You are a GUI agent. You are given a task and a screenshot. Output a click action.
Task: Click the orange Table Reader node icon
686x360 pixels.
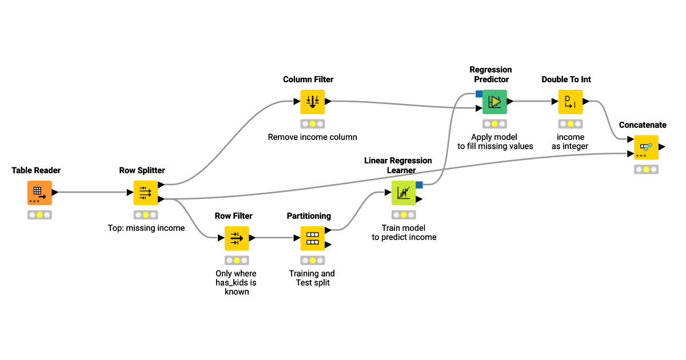[x=39, y=193]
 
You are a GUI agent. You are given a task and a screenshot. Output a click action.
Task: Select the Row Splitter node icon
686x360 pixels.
[x=145, y=193]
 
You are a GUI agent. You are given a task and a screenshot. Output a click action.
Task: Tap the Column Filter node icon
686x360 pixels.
[x=312, y=102]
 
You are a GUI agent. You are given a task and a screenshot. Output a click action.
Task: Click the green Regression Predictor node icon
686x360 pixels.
[x=494, y=102]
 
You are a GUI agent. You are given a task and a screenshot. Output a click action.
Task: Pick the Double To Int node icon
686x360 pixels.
[x=570, y=102]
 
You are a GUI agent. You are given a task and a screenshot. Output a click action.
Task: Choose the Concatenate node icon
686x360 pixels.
[x=646, y=147]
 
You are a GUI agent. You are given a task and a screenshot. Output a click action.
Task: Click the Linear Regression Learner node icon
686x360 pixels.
[x=403, y=193]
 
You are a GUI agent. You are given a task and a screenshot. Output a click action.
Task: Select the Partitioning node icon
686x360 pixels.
[x=312, y=238]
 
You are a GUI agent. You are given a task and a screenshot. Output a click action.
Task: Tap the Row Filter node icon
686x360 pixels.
[x=237, y=238]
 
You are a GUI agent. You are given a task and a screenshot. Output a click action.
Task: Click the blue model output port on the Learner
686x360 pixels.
[x=419, y=185]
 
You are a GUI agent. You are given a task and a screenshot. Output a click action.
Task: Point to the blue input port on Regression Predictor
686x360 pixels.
[x=479, y=94]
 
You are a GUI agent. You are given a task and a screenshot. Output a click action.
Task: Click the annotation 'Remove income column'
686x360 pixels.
[x=312, y=137]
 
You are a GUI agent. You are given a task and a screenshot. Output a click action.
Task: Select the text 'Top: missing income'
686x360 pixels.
[x=146, y=228]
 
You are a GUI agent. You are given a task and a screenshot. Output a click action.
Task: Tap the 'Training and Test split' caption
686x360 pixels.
[x=312, y=278]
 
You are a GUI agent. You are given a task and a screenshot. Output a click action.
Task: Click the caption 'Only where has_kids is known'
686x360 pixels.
[x=236, y=282]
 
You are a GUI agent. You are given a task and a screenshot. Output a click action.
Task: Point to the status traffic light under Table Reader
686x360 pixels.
[x=39, y=215]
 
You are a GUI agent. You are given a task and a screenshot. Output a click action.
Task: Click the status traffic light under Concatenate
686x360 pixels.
[x=646, y=169]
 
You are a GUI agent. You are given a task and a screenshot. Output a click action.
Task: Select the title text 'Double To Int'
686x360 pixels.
[x=566, y=79]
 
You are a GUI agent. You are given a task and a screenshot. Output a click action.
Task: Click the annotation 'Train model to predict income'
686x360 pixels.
[x=404, y=233]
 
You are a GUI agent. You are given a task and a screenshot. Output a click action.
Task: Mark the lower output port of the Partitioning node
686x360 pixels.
[x=328, y=245]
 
